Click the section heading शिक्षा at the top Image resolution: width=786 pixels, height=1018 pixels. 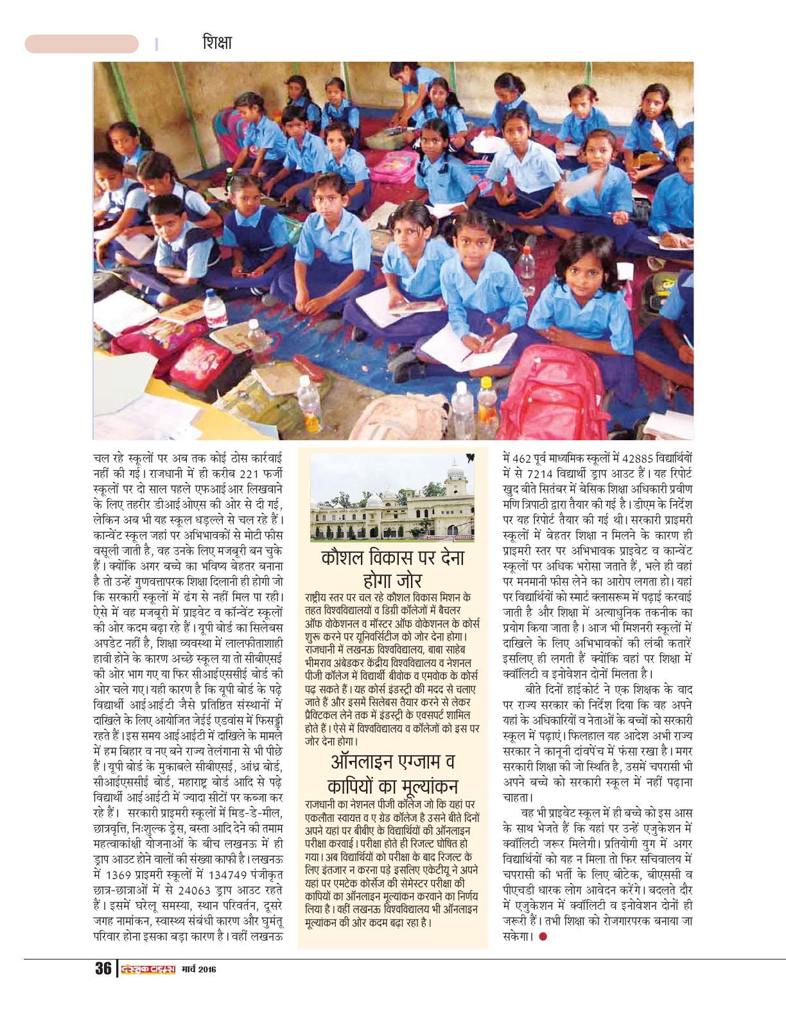point(216,44)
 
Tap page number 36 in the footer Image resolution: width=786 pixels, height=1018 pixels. point(103,969)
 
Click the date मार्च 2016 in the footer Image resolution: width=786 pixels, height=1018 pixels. point(198,969)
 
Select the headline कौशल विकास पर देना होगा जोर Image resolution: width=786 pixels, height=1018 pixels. point(392,569)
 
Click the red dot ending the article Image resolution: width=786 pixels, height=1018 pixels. point(543,936)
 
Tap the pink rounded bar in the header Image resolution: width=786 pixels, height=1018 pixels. point(82,44)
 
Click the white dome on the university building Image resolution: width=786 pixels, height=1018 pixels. point(455,473)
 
